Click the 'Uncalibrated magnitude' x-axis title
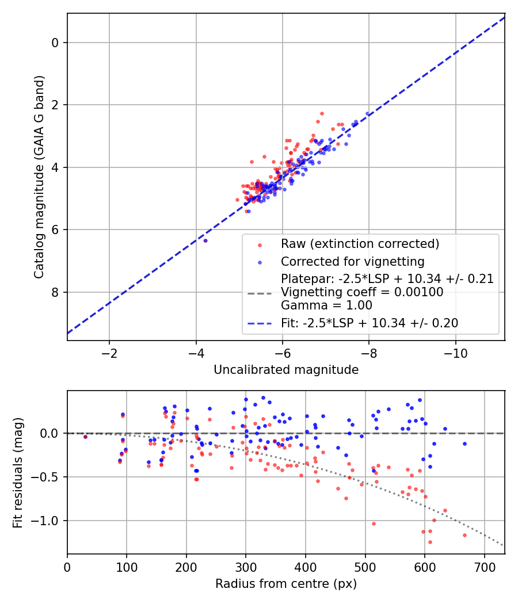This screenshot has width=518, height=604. [x=286, y=369]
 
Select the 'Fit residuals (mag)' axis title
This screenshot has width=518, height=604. [x=18, y=472]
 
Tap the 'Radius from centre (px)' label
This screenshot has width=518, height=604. [x=286, y=584]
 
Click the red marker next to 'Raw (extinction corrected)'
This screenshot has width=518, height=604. [x=260, y=244]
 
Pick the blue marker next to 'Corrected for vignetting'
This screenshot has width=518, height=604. [x=260, y=262]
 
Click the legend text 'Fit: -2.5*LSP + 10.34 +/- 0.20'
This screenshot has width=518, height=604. [x=369, y=323]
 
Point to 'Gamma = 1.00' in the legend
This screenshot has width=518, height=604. [x=326, y=305]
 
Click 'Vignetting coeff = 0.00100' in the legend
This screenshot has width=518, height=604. [x=362, y=292]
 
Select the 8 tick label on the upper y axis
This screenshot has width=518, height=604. [x=55, y=292]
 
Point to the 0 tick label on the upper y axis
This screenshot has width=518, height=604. [x=55, y=43]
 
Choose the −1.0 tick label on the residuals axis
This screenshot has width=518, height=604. [x=50, y=521]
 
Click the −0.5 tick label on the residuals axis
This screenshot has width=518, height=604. [x=50, y=477]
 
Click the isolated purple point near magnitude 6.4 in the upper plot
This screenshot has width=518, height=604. [x=205, y=240]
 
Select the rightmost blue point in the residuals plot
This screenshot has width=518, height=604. [x=464, y=444]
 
